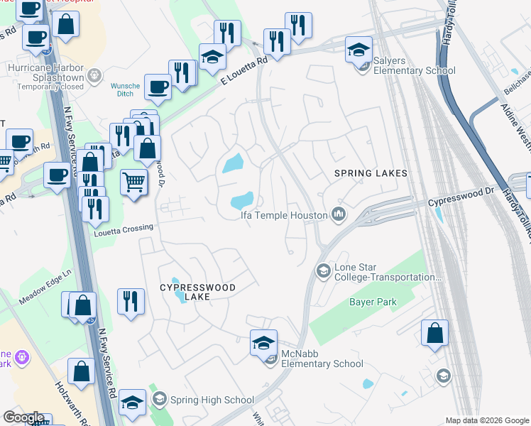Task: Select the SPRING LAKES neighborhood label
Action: [371, 173]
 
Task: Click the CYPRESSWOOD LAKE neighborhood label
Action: [197, 292]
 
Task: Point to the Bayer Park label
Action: [372, 302]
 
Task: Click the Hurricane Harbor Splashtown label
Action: [45, 73]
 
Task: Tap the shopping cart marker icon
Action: [134, 182]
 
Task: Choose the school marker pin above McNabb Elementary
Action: [263, 344]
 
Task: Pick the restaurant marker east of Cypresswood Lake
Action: [131, 300]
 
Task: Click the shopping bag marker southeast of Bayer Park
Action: [434, 332]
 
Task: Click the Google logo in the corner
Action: [23, 417]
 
